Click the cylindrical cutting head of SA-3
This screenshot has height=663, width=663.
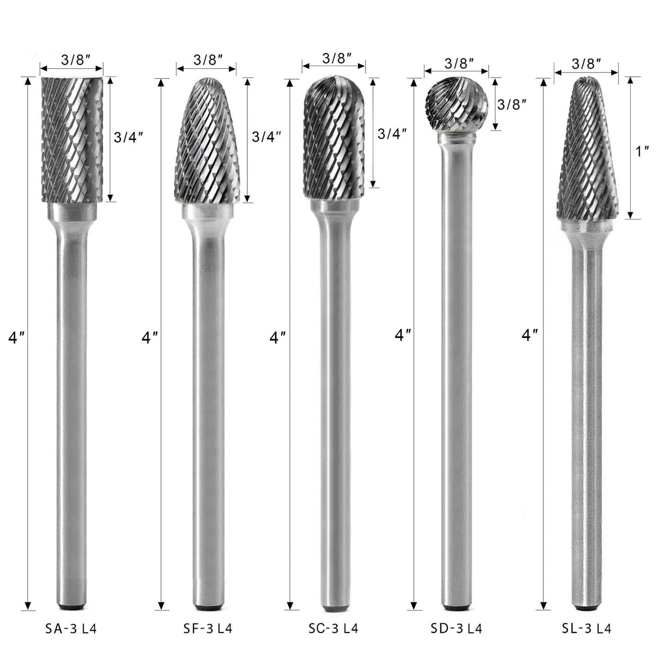(x=71, y=139)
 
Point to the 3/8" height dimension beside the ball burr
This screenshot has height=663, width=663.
(x=512, y=104)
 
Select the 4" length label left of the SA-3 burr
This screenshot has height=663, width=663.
(x=15, y=339)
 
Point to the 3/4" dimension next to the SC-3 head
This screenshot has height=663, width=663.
(x=393, y=134)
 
